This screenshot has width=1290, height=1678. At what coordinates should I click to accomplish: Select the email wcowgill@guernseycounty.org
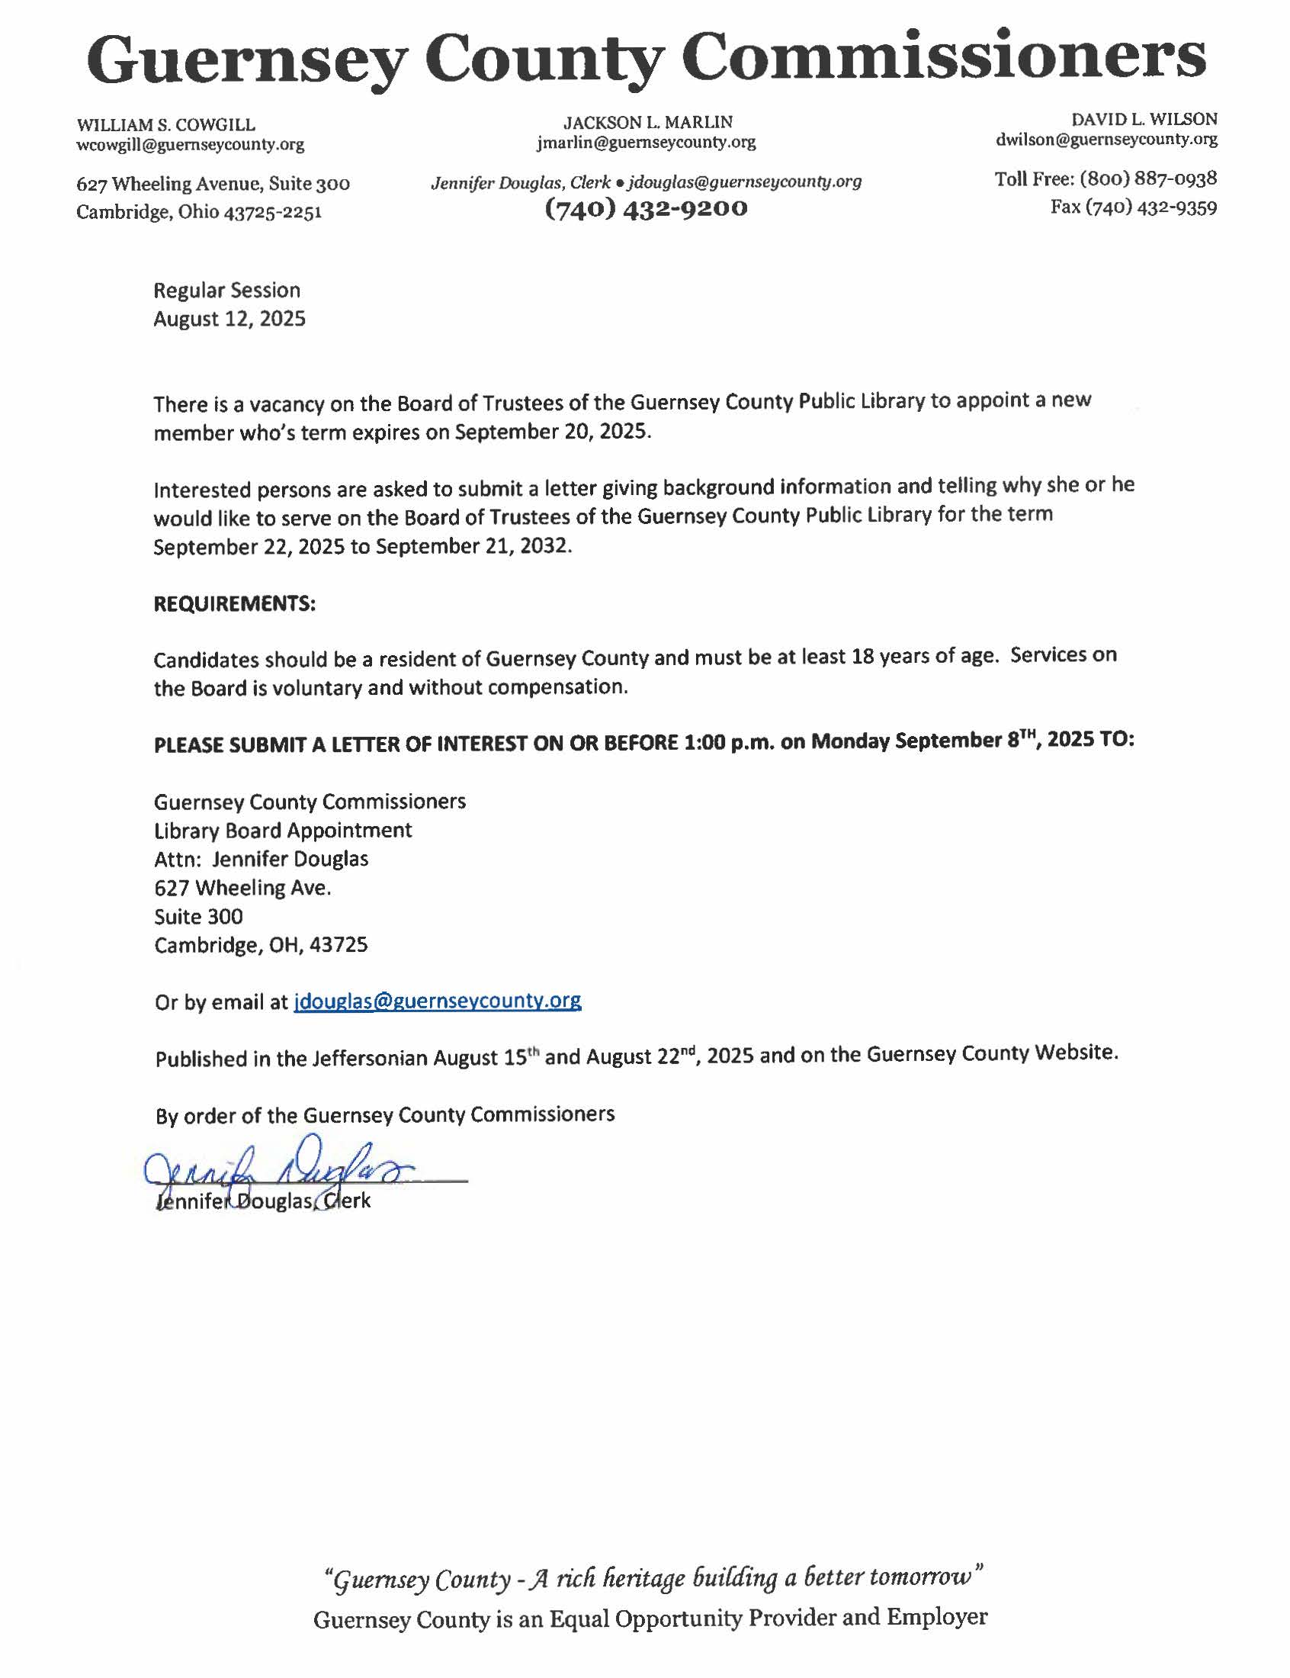click(x=190, y=144)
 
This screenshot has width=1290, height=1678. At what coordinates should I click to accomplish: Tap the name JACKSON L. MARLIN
click(x=648, y=122)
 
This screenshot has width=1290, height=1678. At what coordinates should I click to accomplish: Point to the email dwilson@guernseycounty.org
click(x=1106, y=140)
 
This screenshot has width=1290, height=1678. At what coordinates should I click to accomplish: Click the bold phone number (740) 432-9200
click(x=646, y=208)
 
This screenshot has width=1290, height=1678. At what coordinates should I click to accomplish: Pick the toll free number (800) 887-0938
click(x=1148, y=179)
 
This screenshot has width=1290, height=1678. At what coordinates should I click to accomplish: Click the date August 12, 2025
click(x=229, y=319)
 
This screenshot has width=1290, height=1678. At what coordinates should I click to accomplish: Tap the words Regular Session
click(x=226, y=291)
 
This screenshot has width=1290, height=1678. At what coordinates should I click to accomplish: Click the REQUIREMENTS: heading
click(x=234, y=603)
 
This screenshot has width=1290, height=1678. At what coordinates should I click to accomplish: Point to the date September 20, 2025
click(x=552, y=431)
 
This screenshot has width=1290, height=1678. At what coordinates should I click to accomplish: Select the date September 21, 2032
click(x=473, y=546)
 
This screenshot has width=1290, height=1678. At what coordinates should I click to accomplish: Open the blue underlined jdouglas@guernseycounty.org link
click(x=437, y=1001)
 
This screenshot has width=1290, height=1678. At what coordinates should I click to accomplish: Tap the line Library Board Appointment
click(x=283, y=830)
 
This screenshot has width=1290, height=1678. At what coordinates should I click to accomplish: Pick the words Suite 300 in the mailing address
click(x=198, y=916)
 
